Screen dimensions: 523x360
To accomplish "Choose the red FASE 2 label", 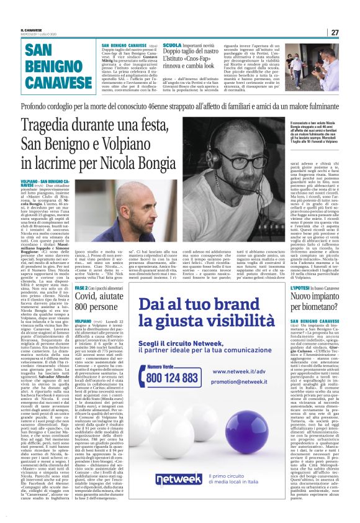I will coord(81,289).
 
